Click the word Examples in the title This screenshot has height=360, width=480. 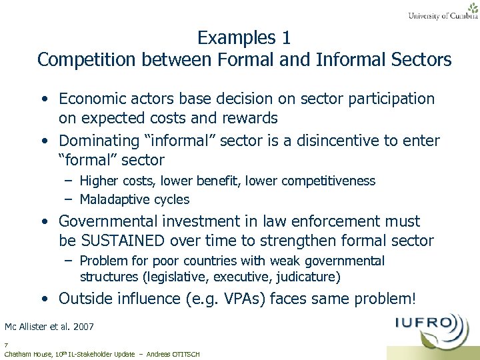pyautogui.click(x=227, y=37)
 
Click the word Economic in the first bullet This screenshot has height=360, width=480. pyautogui.click(x=90, y=99)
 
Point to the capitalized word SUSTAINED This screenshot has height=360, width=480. pyautogui.click(x=129, y=241)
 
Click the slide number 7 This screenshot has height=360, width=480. pyautogui.click(x=6, y=345)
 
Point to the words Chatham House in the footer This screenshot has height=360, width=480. pyautogui.click(x=25, y=354)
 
